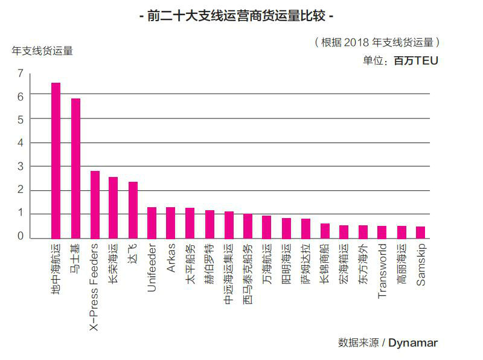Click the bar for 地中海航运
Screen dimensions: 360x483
coord(56,160)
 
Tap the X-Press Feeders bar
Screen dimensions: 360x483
coord(95,204)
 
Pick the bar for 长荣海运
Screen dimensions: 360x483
coord(113,207)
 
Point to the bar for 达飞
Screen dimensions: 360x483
coord(133,210)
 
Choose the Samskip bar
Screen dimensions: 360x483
coord(420,232)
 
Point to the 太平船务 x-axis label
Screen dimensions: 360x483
coord(190,260)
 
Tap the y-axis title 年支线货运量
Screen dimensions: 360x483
coord(42,51)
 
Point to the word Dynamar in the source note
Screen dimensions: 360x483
coord(413,342)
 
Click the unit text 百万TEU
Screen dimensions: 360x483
coord(416,60)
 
